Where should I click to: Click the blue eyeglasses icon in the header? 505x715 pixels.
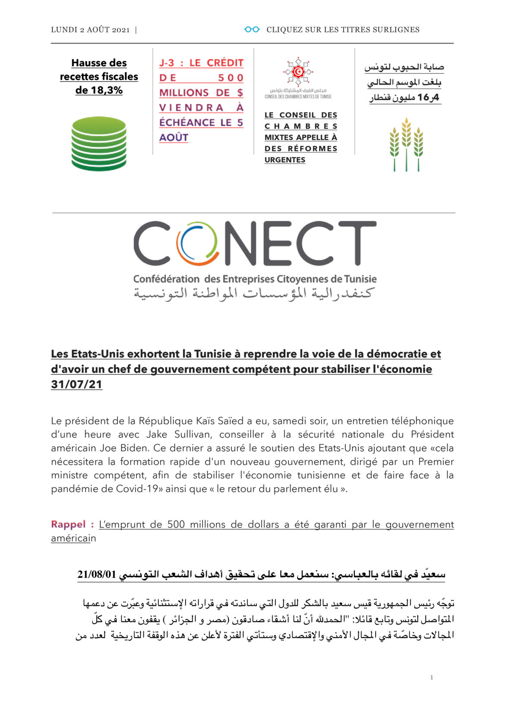pos(252,29)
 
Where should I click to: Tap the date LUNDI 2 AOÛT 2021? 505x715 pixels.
pos(90,30)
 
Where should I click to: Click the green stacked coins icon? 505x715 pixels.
pos(99,143)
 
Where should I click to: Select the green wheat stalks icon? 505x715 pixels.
pos(406,144)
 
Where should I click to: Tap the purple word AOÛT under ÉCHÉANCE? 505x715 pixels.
pos(174,138)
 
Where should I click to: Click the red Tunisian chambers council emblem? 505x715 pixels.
pos(298,71)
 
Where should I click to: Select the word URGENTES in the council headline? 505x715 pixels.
pos(285,160)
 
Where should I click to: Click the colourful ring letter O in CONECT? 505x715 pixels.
pos(197,244)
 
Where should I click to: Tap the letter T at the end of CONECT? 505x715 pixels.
pos(357,244)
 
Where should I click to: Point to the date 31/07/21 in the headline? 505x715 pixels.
pos(76,384)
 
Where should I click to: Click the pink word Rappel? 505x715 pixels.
pos(68,524)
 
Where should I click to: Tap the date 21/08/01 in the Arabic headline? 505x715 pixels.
pos(97,575)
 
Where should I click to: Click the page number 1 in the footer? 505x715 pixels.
pos(431,677)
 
